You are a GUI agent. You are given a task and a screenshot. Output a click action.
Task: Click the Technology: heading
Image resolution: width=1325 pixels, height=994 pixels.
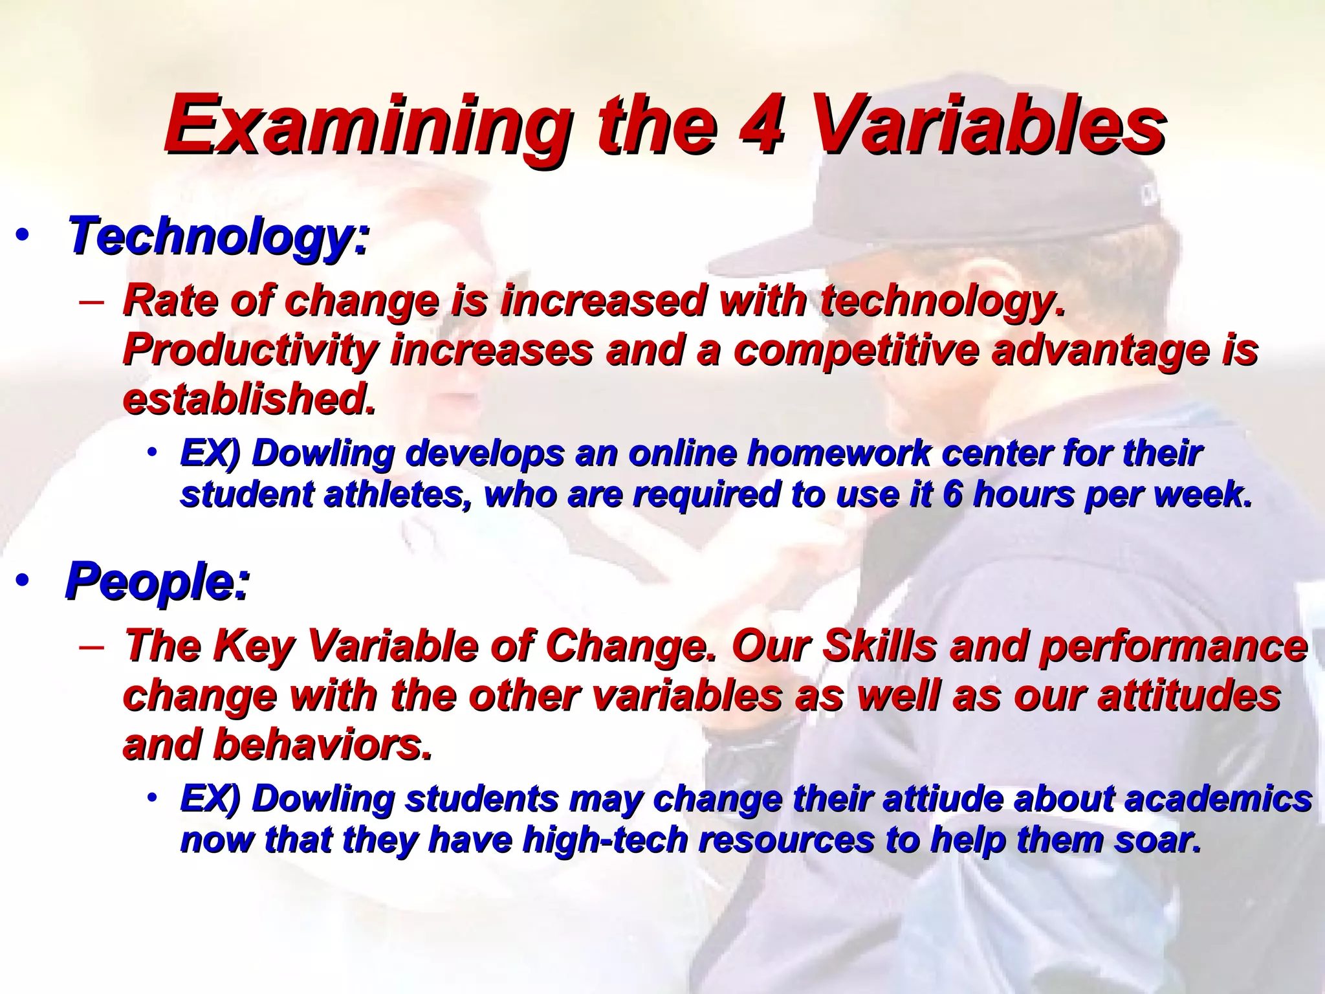coord(219,237)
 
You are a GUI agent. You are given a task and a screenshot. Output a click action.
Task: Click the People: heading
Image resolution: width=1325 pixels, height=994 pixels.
coord(157,582)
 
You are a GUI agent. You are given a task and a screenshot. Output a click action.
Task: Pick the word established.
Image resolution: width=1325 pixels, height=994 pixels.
coord(249,399)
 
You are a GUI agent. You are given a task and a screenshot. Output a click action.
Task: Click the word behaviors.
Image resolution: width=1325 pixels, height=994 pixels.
coord(322,745)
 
